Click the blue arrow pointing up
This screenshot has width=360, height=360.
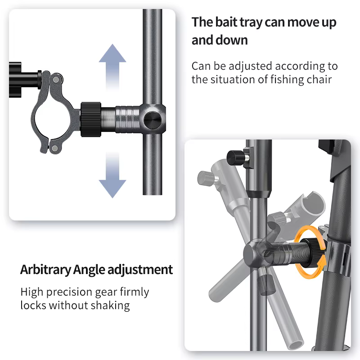[x=112, y=67]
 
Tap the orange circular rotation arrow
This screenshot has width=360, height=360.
[x=310, y=252]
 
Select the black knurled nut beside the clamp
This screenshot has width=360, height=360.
[x=91, y=119]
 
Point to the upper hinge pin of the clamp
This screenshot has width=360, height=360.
[x=56, y=80]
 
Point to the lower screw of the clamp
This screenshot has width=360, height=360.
[x=54, y=148]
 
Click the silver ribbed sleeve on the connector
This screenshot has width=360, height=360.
[x=128, y=119]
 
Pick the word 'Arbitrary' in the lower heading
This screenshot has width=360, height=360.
[x=45, y=270]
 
